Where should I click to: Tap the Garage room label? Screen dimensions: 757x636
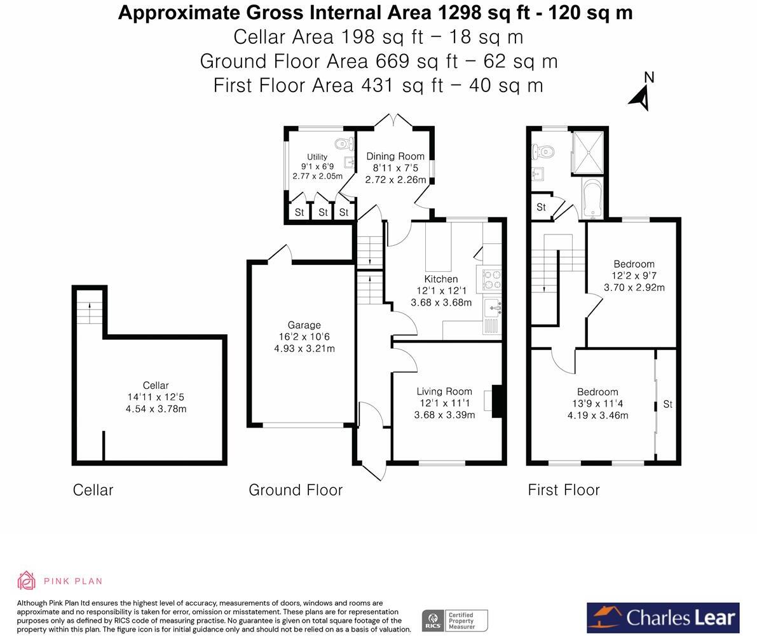(304, 325)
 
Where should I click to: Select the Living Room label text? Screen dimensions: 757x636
(444, 391)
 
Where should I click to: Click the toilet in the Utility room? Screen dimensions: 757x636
(343, 143)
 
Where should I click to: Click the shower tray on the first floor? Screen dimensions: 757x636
(588, 152)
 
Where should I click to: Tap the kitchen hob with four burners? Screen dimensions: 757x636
(489, 280)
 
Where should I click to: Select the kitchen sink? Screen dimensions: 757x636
(493, 308)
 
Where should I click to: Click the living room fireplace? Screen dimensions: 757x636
(497, 400)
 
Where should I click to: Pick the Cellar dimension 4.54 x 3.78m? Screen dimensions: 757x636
(156, 409)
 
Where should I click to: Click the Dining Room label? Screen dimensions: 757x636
(395, 156)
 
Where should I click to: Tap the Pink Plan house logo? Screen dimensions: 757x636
(27, 581)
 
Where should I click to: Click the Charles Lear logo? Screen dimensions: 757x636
(663, 618)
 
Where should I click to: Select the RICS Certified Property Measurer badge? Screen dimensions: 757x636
(455, 620)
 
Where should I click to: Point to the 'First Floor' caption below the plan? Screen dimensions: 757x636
(563, 491)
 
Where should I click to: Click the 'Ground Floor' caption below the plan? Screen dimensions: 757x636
(296, 491)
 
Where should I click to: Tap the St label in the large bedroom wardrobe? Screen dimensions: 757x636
(667, 404)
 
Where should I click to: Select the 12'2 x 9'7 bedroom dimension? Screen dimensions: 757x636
(634, 276)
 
